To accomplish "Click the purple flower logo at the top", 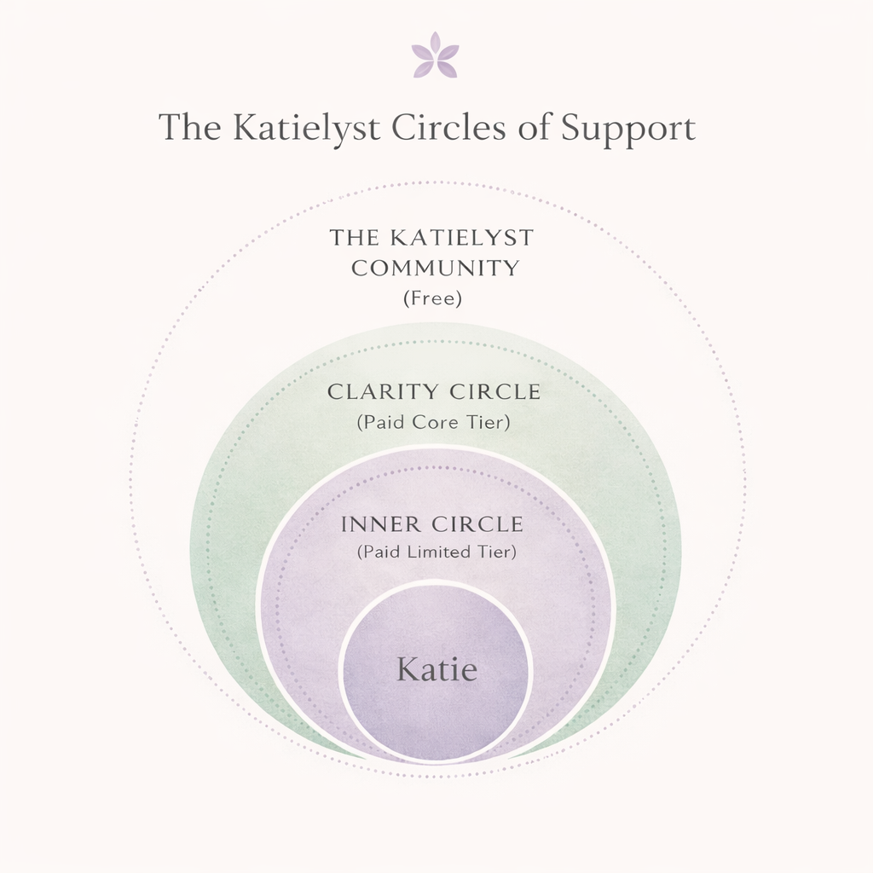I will click(x=435, y=56).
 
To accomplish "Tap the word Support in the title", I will click(x=628, y=129).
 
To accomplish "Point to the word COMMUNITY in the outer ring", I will click(x=435, y=268).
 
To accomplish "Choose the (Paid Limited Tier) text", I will click(x=436, y=552).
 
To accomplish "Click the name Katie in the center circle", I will click(x=436, y=670).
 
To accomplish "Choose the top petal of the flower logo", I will click(x=435, y=42).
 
